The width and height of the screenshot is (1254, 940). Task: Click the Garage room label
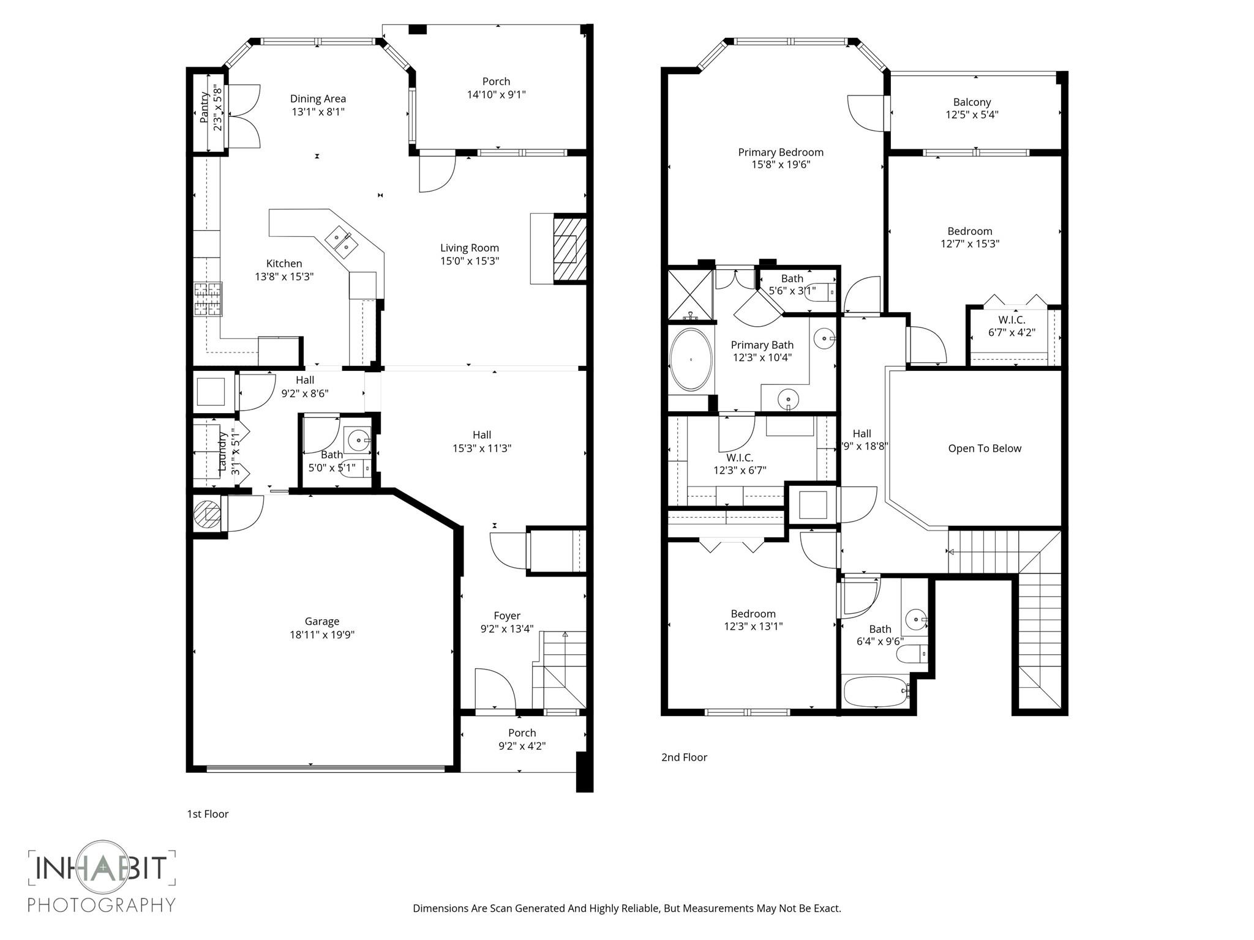[x=322, y=621]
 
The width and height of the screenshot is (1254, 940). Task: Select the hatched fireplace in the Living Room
[x=569, y=248]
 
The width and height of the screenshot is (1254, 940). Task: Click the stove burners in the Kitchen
[x=208, y=299]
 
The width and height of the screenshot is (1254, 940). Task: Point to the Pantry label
[x=205, y=107]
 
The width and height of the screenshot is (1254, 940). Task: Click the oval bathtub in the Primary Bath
[x=691, y=360]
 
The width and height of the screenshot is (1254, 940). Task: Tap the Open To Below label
[x=985, y=449]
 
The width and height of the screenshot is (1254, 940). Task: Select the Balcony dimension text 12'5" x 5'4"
[x=972, y=114]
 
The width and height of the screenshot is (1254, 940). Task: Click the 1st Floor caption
[x=208, y=814]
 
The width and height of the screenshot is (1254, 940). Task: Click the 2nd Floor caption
[x=684, y=757]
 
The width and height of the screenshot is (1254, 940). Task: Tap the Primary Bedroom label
[x=781, y=152]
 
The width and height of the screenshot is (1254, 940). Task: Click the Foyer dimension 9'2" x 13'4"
[x=507, y=629]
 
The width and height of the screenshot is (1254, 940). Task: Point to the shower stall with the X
[x=690, y=294]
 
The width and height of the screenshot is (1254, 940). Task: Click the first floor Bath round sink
[x=358, y=439]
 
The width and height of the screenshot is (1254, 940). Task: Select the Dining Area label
[x=318, y=99]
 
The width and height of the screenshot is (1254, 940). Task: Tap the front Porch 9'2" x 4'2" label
[x=522, y=739]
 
